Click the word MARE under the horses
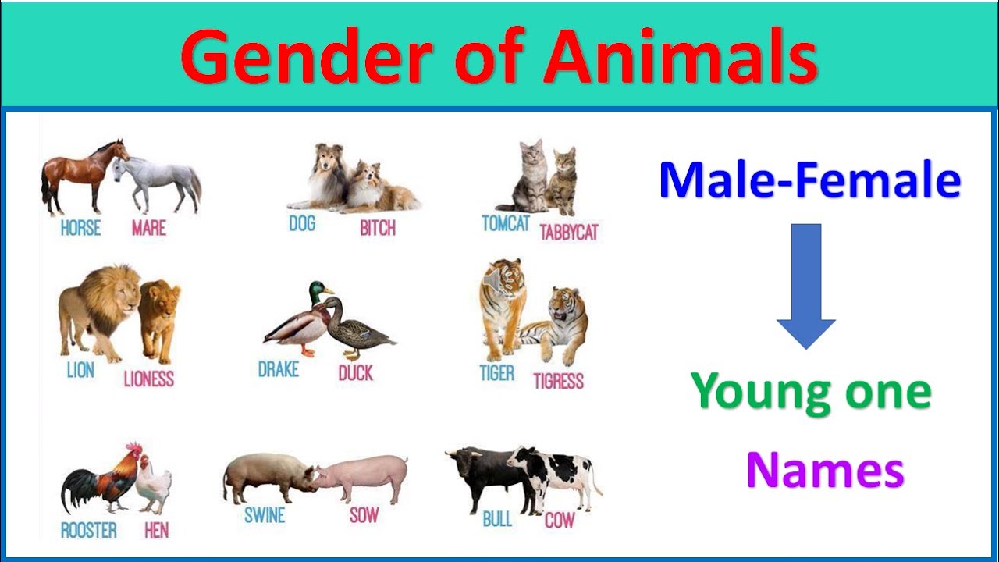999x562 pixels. (x=148, y=229)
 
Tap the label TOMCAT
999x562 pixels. (x=506, y=224)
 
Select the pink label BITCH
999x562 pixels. (x=378, y=229)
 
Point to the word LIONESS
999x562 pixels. (x=148, y=379)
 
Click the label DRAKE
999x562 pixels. (x=279, y=369)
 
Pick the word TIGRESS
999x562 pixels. (x=558, y=381)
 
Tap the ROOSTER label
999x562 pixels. (x=88, y=531)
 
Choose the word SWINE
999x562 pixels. (x=265, y=515)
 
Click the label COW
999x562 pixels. (x=559, y=521)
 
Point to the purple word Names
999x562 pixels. (x=825, y=471)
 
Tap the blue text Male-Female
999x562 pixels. (x=809, y=180)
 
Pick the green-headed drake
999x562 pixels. (x=300, y=320)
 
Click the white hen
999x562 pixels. (x=154, y=486)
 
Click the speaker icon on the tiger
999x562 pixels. (x=492, y=280)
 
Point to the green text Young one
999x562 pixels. (x=811, y=391)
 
